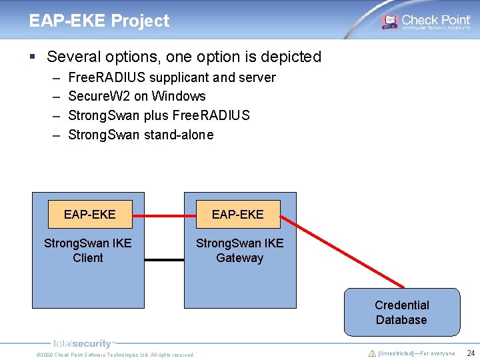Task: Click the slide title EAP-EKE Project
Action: pyautogui.click(x=99, y=21)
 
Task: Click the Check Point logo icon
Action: pyautogui.click(x=389, y=22)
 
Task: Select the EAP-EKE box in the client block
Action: pyautogui.click(x=89, y=214)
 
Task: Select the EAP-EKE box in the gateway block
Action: pyautogui.click(x=238, y=214)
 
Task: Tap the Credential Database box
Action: pyautogui.click(x=401, y=312)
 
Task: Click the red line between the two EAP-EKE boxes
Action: pyautogui.click(x=164, y=215)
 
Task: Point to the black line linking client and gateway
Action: pyautogui.click(x=164, y=259)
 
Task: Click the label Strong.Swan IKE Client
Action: pyautogui.click(x=88, y=251)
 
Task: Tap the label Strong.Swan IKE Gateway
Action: pyautogui.click(x=239, y=251)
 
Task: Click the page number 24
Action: pyautogui.click(x=470, y=353)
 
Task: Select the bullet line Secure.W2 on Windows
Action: pyautogui.click(x=137, y=96)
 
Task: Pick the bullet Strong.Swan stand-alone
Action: pyautogui.click(x=141, y=135)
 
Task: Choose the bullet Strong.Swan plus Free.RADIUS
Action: pyautogui.click(x=159, y=115)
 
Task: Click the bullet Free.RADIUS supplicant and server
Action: pyautogui.click(x=172, y=77)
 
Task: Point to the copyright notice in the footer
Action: pyautogui.click(x=115, y=355)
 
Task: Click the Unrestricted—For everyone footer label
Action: pyautogui.click(x=417, y=353)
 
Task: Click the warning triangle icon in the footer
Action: pyautogui.click(x=372, y=353)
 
